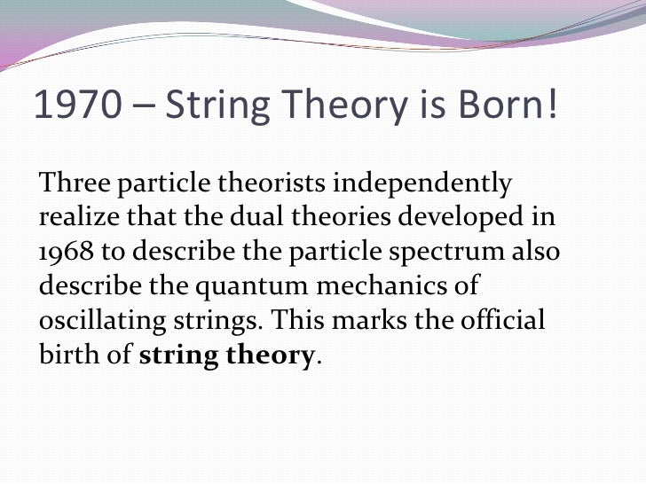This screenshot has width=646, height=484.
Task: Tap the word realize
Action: click(75, 218)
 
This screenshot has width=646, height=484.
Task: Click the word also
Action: click(537, 252)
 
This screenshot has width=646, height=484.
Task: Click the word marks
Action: click(366, 319)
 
